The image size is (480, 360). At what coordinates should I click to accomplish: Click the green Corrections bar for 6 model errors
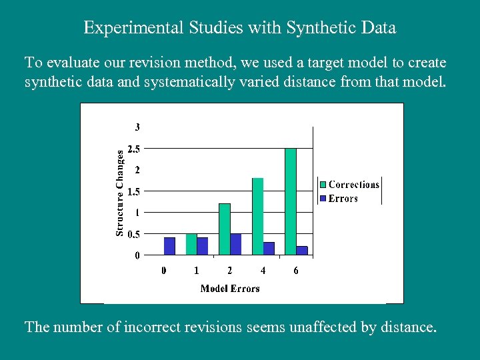[x=291, y=201]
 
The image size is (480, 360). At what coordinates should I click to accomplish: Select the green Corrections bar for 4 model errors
[x=257, y=216]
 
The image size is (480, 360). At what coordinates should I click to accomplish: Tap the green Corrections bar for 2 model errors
[x=225, y=229]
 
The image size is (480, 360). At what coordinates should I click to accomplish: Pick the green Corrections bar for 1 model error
[x=191, y=244]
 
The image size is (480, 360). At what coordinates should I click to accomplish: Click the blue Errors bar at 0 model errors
[x=169, y=246]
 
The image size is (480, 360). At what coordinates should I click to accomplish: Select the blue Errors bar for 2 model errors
[x=235, y=244]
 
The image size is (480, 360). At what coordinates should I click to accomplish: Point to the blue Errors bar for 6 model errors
[x=302, y=250]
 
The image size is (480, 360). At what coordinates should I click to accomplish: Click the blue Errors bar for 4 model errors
[x=269, y=248]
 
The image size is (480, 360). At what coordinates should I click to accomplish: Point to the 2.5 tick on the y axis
[x=133, y=149]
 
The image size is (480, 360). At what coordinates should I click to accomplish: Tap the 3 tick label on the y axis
[x=137, y=127]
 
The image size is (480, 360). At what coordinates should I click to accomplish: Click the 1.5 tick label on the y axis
[x=133, y=191]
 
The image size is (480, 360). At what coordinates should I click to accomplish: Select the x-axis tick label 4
[x=263, y=271]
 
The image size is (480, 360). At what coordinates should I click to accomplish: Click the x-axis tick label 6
[x=296, y=271]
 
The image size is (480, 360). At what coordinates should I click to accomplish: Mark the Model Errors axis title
[x=230, y=288]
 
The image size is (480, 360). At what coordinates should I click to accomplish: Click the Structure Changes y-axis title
[x=120, y=192]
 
